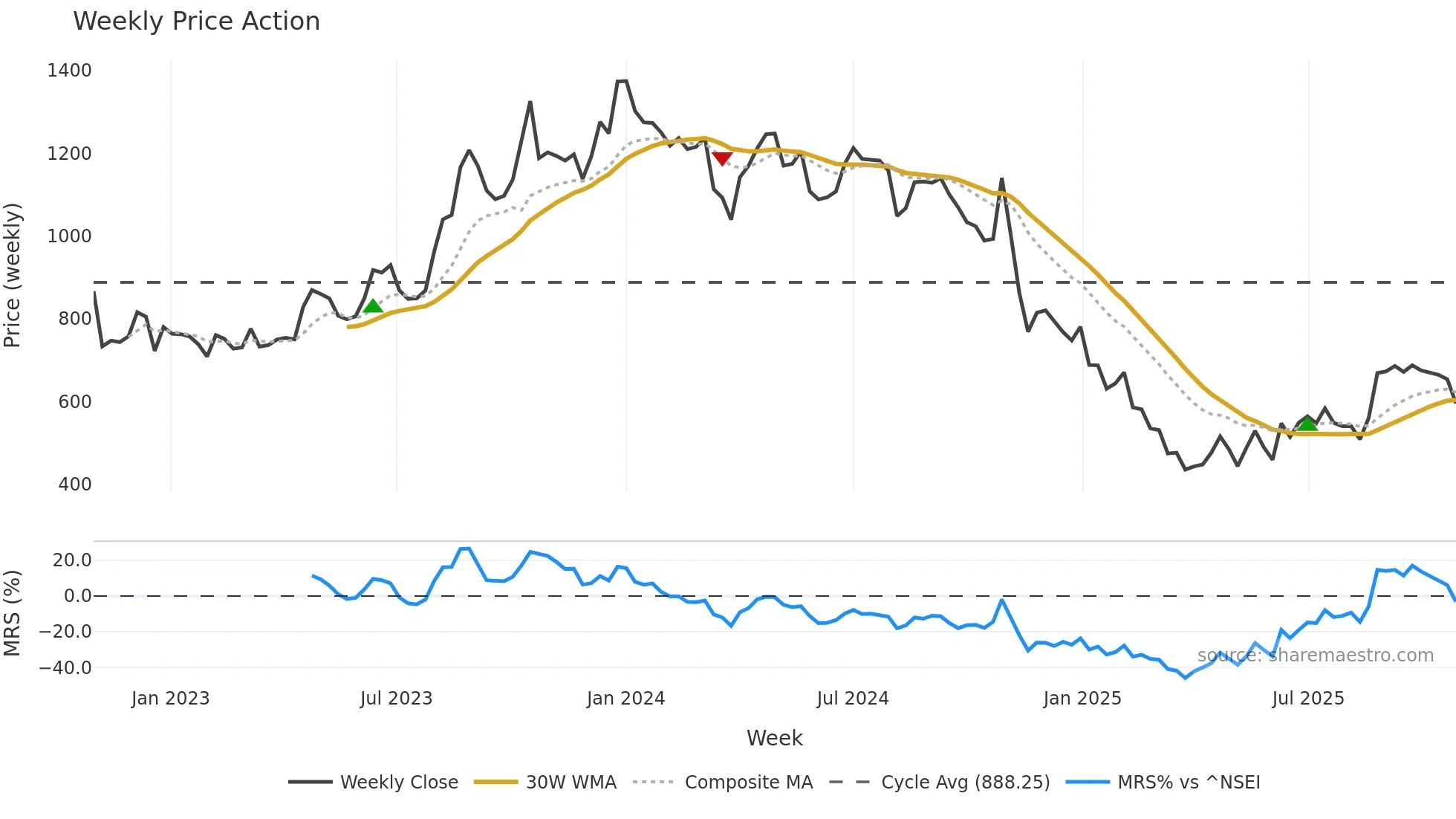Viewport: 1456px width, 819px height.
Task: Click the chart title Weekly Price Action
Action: click(196, 22)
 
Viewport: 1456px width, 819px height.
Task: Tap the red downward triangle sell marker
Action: click(722, 158)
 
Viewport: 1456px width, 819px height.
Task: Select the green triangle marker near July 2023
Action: click(373, 305)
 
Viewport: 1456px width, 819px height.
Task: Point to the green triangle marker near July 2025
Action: click(1307, 424)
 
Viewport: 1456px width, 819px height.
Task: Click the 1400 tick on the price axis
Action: click(69, 71)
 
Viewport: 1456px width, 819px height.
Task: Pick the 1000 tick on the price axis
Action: click(69, 236)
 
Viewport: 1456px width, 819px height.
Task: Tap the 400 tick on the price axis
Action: click(74, 485)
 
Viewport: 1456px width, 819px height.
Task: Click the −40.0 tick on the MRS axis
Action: click(65, 668)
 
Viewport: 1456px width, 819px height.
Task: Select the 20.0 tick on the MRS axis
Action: click(71, 560)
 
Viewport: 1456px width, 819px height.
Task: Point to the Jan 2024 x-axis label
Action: click(625, 699)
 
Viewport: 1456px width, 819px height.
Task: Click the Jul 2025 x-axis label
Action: click(1308, 699)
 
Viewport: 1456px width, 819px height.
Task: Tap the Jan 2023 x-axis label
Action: click(170, 699)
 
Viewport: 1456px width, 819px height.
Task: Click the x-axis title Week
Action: click(774, 738)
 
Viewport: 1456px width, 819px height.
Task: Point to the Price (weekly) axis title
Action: click(13, 275)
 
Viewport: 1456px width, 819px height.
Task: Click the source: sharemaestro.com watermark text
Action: click(1315, 655)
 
